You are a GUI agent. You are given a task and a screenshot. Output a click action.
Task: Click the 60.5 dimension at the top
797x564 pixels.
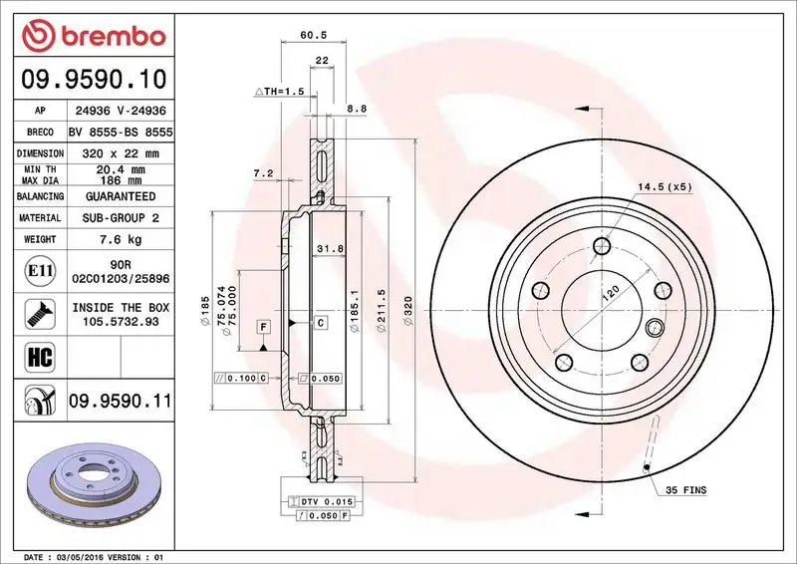click(x=314, y=35)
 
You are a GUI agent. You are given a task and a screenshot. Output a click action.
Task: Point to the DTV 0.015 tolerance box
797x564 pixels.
click(x=325, y=500)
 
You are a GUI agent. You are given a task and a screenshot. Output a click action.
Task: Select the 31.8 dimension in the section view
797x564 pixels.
click(x=323, y=248)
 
